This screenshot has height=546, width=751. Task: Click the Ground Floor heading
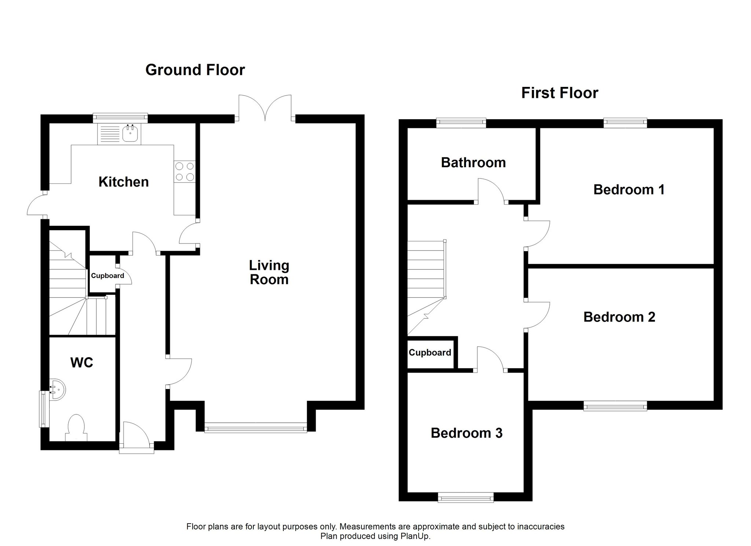click(x=195, y=70)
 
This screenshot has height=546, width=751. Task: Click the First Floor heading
click(x=560, y=93)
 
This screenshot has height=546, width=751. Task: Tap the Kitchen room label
click(x=124, y=182)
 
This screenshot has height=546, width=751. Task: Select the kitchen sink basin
click(x=130, y=133)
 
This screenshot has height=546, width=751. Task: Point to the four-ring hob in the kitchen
click(x=184, y=172)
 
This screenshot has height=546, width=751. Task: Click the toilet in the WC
click(x=76, y=428)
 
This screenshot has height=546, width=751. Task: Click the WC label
click(x=82, y=363)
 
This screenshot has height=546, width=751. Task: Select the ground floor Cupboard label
click(x=107, y=276)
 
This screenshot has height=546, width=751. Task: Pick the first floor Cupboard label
click(x=430, y=353)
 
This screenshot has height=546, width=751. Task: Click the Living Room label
click(x=269, y=272)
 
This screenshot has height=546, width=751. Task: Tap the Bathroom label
click(x=473, y=162)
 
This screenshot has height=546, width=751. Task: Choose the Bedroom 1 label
click(x=629, y=190)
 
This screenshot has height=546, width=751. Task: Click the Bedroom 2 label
click(x=619, y=317)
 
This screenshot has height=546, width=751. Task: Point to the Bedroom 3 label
click(x=466, y=433)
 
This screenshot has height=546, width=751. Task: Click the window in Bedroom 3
click(x=466, y=498)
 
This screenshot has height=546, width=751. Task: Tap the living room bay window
click(x=256, y=428)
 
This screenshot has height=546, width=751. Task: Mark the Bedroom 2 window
click(x=615, y=406)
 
